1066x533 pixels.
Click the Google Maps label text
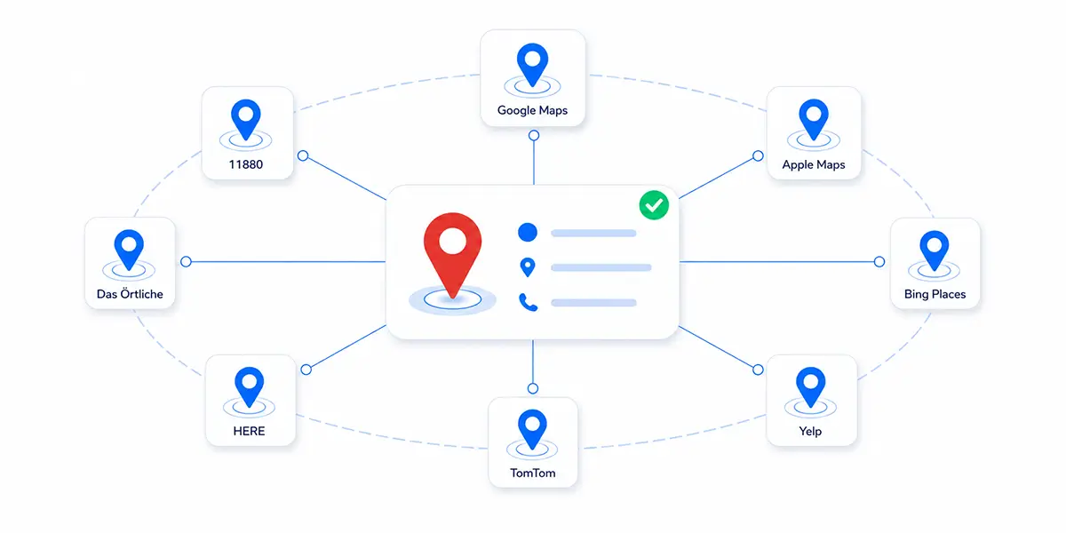532,110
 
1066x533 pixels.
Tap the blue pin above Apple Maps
814,118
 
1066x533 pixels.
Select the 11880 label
245,164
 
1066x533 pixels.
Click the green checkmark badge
654,205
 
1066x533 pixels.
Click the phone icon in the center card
528,302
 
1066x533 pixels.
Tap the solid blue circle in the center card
528,232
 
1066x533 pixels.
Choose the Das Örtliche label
130,294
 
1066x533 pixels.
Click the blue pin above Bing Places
935,250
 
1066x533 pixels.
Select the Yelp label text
810,431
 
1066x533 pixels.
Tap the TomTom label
532,473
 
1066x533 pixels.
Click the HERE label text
249,431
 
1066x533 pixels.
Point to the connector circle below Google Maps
534,136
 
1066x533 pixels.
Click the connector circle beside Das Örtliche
186,261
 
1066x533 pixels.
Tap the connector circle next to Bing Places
879,261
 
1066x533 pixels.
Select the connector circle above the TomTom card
533,388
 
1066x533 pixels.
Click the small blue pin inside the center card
528,267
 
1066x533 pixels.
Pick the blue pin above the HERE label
249,386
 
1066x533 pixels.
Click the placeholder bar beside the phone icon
593,303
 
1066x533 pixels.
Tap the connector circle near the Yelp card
758,370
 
